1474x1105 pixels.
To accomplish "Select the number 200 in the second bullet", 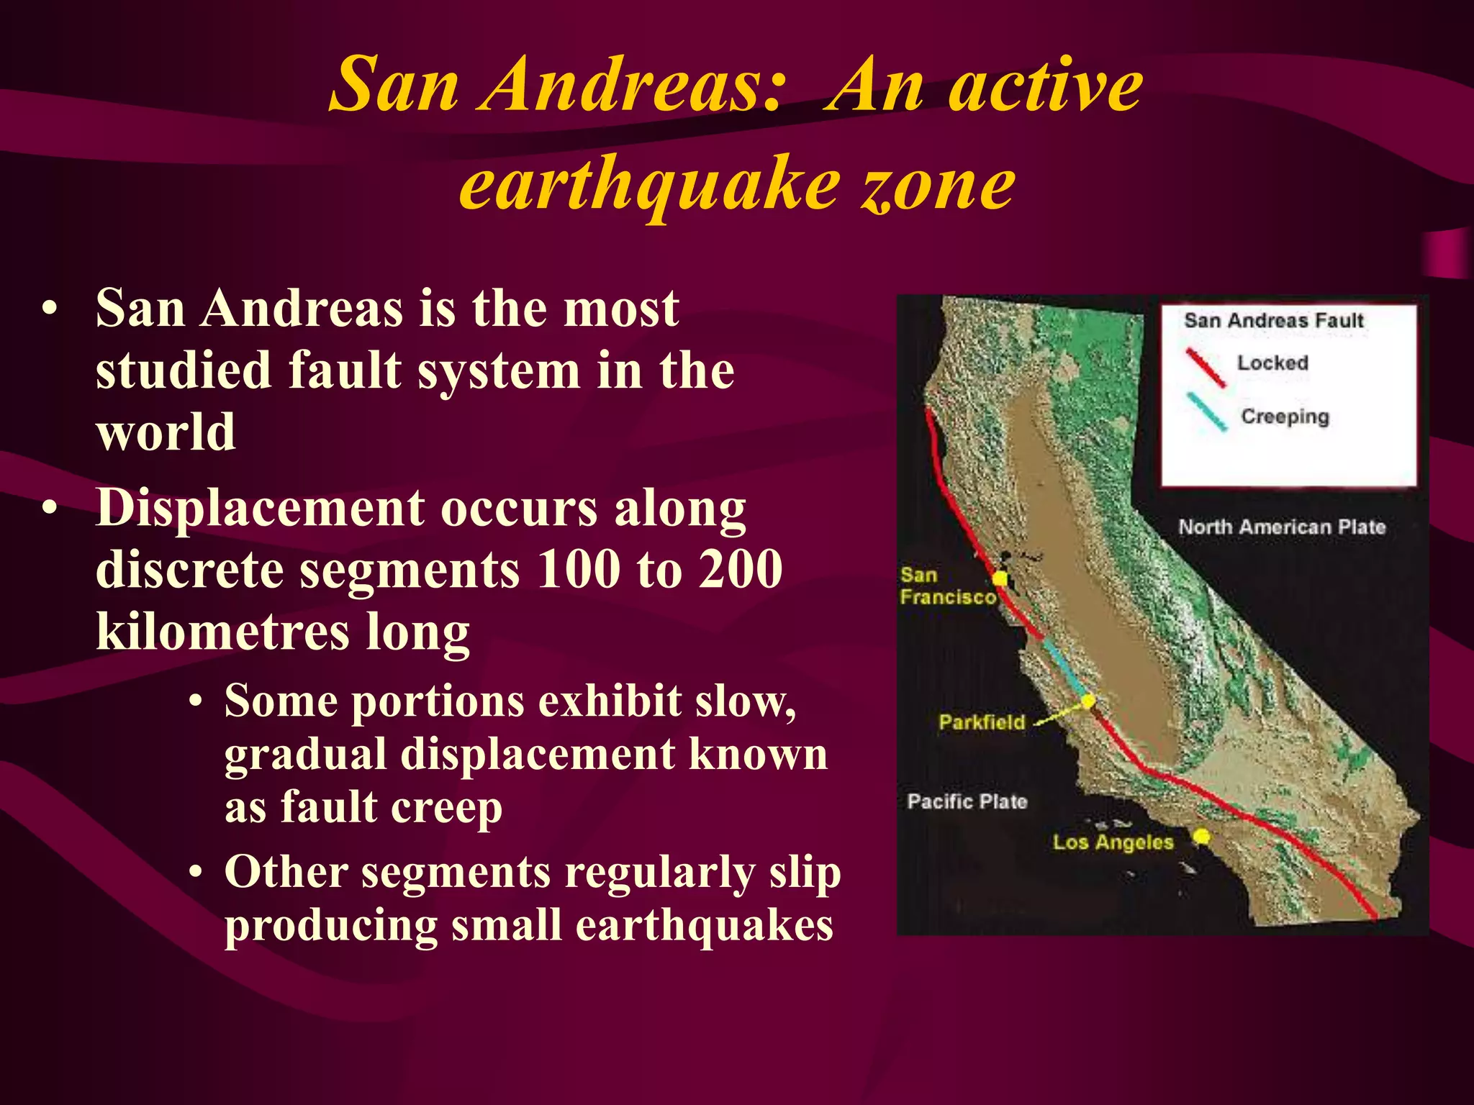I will (741, 569).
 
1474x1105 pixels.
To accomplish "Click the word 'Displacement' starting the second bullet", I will (260, 508).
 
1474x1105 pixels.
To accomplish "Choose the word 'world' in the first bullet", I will (166, 432).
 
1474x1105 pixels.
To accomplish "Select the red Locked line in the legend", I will (1206, 368).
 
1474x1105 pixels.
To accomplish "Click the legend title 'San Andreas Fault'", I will (1274, 320).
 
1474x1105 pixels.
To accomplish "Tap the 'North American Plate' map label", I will (1281, 527).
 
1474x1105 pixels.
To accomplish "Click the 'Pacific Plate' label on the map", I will (967, 801).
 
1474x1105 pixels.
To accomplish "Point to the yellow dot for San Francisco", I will (1000, 578).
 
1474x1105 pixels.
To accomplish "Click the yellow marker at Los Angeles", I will (1201, 836).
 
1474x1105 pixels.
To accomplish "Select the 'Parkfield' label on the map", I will (981, 722).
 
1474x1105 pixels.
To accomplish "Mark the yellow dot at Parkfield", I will (1089, 700).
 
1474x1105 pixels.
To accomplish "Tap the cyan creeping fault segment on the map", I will (1064, 665).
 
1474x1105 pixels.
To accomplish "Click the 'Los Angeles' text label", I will (1113, 842).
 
